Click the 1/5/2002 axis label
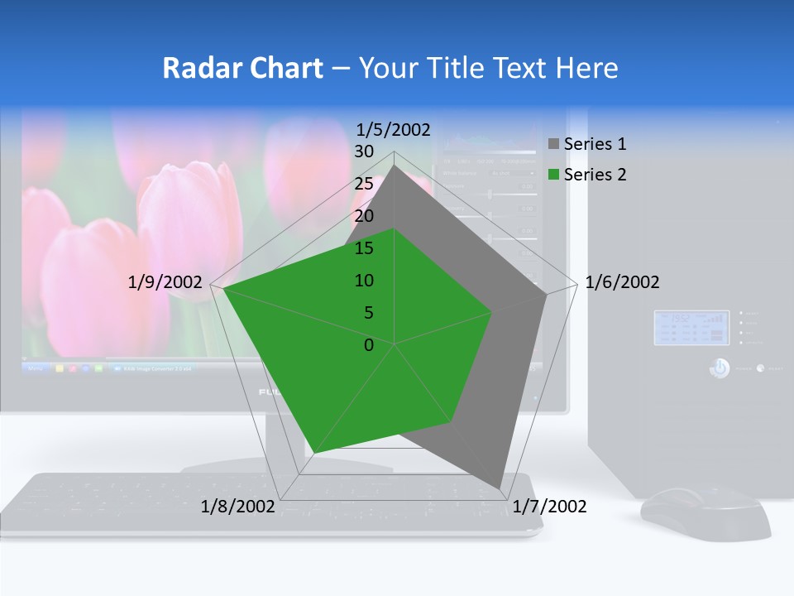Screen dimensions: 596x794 393,130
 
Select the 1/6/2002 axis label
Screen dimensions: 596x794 622,282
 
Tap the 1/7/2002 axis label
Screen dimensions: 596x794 549,507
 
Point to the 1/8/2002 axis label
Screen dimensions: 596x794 237,507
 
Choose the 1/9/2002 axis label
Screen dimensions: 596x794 165,282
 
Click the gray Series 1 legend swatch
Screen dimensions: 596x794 554,144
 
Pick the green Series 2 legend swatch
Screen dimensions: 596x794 554,175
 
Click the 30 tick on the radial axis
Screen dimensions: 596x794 364,151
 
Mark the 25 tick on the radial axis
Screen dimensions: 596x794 364,184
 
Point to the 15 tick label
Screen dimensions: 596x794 364,248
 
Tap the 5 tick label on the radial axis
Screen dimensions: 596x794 368,313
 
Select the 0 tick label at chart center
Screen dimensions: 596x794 369,345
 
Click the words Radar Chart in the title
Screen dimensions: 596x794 242,68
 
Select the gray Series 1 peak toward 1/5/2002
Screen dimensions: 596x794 394,166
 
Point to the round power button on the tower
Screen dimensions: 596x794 720,368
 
